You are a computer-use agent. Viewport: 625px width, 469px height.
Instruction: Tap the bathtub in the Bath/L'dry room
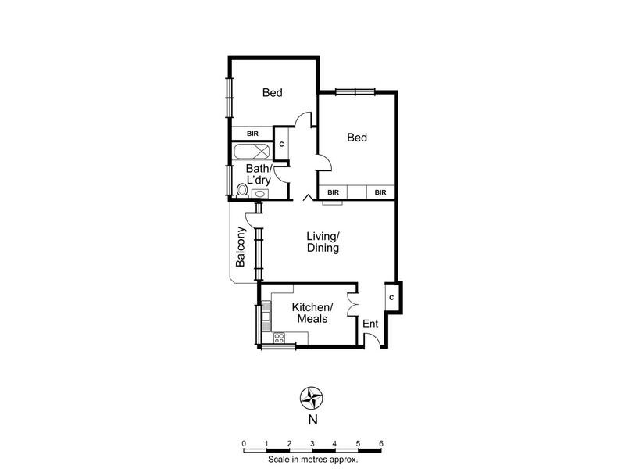point(252,152)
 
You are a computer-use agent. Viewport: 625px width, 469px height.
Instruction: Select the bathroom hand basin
point(260,194)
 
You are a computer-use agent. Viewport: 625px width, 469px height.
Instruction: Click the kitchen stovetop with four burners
point(279,338)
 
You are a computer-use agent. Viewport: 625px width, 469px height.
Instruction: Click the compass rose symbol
point(312,398)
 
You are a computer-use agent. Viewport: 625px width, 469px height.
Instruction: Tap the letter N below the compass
point(313,420)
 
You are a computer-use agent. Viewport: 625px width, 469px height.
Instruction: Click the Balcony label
point(240,247)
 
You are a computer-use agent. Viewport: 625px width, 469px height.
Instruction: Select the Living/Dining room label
point(323,242)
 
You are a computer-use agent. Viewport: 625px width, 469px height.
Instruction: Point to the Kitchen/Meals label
point(312,313)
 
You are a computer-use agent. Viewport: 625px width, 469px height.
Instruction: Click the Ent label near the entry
point(370,324)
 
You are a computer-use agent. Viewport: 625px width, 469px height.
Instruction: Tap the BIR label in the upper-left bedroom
point(252,134)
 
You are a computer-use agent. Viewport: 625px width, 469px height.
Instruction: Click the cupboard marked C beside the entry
point(391,297)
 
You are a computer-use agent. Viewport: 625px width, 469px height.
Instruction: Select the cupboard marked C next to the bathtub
point(281,144)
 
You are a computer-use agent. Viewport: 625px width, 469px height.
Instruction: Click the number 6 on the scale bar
point(381,443)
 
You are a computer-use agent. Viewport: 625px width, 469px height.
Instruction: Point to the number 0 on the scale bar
point(244,443)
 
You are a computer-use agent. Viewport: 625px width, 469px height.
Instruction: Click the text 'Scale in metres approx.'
point(313,460)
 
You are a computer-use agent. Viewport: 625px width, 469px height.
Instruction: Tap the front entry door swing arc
point(373,339)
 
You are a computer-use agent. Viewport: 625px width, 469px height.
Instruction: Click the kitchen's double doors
point(352,305)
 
